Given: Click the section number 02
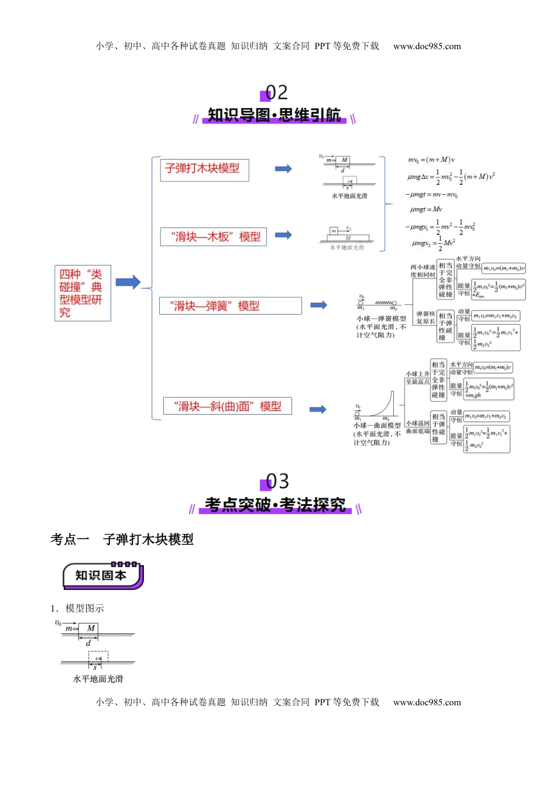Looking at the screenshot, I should (276, 92).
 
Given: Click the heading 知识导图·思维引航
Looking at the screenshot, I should (274, 115).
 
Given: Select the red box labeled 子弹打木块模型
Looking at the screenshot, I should (204, 169).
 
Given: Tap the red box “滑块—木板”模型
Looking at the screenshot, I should (214, 237).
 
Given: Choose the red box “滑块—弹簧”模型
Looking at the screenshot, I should (231, 306).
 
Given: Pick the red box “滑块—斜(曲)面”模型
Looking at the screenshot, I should (227, 406).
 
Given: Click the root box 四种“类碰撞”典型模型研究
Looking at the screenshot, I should (83, 293).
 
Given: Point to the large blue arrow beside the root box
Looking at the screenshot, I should (128, 282).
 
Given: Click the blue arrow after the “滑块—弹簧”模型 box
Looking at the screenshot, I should (318, 305).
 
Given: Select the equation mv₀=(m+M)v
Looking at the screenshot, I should (431, 160).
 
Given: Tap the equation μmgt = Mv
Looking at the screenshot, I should (426, 209).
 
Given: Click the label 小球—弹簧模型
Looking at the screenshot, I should (381, 319).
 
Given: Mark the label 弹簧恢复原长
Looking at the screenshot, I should (425, 318).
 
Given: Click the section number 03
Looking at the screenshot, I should (277, 481).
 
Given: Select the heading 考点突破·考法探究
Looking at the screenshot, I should (275, 505).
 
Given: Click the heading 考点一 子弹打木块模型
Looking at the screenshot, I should (122, 539).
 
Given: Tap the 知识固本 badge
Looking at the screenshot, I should (102, 575).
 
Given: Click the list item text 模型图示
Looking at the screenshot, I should (84, 608).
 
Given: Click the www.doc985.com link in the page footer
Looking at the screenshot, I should (427, 702).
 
